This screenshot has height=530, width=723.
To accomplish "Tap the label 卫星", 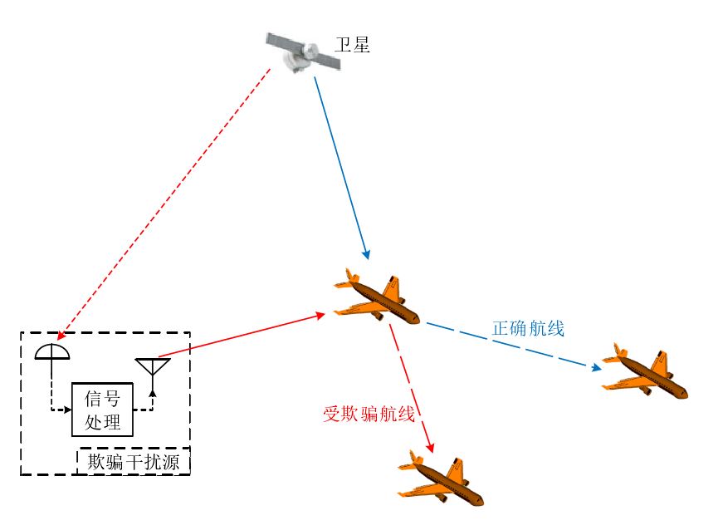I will click(352, 44).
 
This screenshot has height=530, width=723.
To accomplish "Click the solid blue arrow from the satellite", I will click(340, 166).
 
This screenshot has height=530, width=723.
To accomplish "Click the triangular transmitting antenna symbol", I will click(153, 367).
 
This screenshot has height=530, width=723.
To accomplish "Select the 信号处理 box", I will click(102, 410).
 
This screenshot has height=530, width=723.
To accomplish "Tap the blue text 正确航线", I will click(528, 329).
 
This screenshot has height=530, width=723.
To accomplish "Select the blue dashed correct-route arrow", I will click(510, 346).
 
